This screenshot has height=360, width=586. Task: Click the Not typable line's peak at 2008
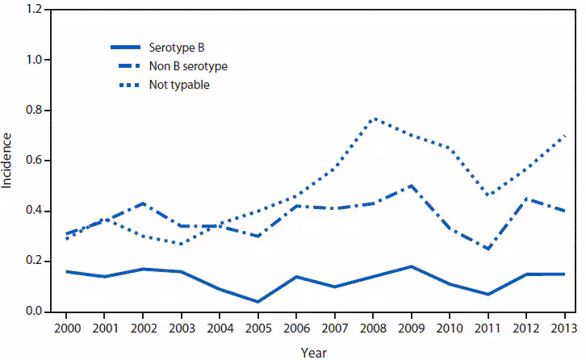[x=373, y=119]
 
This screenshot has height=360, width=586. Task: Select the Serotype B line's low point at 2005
[x=257, y=302]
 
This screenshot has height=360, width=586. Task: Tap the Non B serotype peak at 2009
[x=411, y=186]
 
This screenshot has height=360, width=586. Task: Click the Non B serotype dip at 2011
[x=488, y=249]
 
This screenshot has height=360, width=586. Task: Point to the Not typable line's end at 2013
[x=564, y=136]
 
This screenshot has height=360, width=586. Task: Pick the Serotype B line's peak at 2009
[x=411, y=266]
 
